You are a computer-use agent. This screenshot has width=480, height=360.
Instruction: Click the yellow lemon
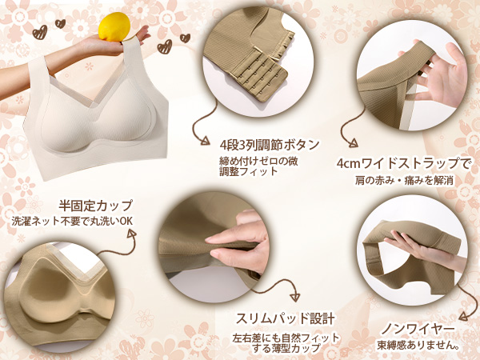pos(114,26)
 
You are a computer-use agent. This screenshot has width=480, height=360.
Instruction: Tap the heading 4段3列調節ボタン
pos(270,145)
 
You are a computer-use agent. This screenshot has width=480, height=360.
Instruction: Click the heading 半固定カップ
pos(95,206)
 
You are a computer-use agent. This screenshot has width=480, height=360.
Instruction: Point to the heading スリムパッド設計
pos(285,318)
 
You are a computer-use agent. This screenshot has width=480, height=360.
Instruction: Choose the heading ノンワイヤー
pos(418,330)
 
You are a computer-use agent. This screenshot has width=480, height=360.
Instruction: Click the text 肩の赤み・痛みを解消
pos(404,181)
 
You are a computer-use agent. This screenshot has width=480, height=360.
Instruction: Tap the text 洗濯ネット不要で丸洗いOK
pos(72,221)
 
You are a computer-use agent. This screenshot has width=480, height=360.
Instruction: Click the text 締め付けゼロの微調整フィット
pos(258,166)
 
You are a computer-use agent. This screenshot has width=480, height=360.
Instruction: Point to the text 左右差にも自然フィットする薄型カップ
pos(286,343)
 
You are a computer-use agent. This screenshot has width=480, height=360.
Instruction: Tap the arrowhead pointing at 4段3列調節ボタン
pos(205,141)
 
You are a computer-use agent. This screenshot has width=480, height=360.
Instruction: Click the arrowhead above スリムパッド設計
pos(295,297)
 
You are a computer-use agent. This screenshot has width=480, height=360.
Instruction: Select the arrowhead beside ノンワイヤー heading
pos(463,316)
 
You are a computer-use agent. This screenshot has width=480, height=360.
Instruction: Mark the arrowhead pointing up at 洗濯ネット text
pos(132,234)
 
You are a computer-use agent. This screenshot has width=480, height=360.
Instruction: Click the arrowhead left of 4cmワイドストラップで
pos(354,143)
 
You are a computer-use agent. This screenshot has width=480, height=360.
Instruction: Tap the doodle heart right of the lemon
pos(164,47)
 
